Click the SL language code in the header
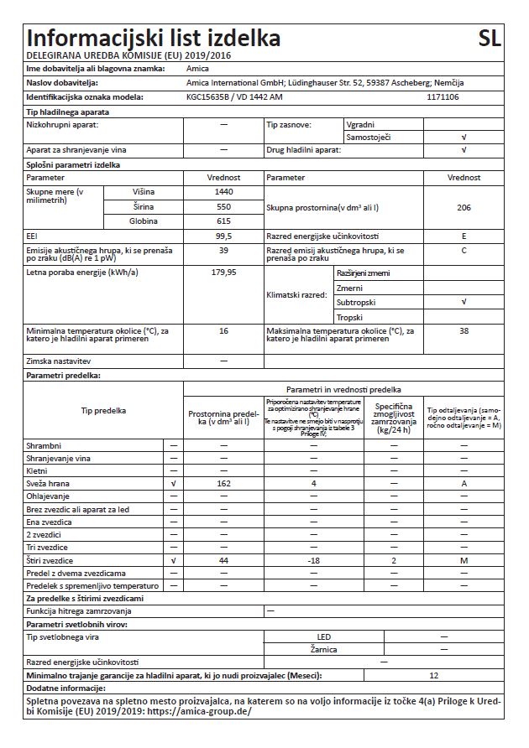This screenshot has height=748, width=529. pos(489,39)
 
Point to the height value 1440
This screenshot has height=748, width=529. pos(223,192)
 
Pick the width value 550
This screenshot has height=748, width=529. pos(223,206)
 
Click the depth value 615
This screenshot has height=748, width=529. pos(223,221)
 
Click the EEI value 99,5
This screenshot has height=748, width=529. pos(223,236)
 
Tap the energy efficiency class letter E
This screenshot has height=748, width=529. pos(464,236)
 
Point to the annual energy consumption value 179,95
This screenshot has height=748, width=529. pos(223,273)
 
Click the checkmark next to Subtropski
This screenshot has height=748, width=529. pos(464,302)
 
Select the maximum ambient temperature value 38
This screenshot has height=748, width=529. pos(464,331)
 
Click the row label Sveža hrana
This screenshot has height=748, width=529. pos(49,485)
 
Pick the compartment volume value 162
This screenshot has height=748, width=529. pos(223,485)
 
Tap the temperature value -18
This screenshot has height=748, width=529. pos(313,559)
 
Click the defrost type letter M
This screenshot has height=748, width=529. pos(464,559)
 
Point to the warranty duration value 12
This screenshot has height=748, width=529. pos(433,675)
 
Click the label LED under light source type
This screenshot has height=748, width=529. pos(322,637)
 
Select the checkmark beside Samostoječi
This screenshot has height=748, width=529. pos(464,136)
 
